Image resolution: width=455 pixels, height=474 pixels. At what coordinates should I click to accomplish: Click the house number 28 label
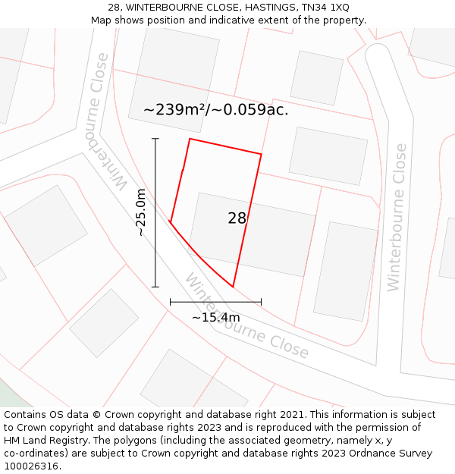tap(237, 218)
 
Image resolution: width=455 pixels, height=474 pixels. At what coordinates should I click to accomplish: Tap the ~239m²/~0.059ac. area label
tap(215, 110)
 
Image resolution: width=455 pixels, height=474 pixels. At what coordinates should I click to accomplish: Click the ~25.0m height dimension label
tap(141, 212)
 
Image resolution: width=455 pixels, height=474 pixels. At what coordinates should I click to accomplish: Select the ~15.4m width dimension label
tap(215, 317)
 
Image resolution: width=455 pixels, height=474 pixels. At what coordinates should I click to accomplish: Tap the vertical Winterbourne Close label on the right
tap(396, 217)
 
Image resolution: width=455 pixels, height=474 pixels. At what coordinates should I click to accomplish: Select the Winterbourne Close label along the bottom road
tap(246, 316)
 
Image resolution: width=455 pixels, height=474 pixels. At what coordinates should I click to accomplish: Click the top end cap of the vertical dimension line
tap(155, 139)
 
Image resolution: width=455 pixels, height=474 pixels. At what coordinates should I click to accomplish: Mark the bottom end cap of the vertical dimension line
tap(155, 287)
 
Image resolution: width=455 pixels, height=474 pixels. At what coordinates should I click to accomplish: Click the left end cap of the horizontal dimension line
tap(171, 302)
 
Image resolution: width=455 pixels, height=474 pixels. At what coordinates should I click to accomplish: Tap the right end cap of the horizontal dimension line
tap(261, 302)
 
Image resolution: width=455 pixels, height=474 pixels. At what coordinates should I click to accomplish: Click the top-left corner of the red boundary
tap(190, 139)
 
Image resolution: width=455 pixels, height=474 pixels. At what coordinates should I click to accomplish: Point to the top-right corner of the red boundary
tap(261, 155)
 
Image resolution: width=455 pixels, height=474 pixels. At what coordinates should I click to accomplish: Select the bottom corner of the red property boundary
tap(233, 287)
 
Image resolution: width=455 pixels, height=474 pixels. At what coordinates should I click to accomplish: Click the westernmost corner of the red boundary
tap(171, 222)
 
